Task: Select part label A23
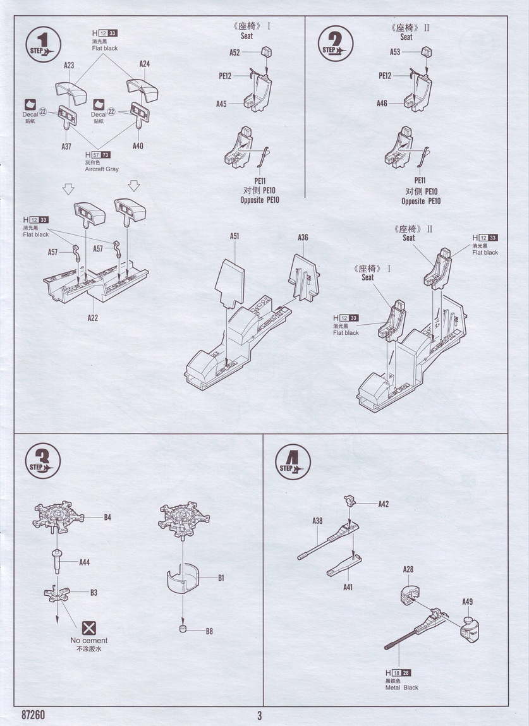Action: coord(69,65)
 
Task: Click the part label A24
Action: coord(144,64)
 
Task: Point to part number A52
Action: coord(234,53)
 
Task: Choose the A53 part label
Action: coord(395,52)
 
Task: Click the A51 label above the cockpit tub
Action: coord(234,236)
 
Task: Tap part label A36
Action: coord(303,238)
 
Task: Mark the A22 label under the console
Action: coord(92,318)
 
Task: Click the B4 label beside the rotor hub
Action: coord(107,517)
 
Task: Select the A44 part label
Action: coord(84,562)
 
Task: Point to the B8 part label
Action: coord(209,631)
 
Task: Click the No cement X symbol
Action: coord(90,628)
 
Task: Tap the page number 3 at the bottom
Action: coord(259,715)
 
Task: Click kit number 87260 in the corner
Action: coord(33,715)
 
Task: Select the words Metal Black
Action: coord(401,687)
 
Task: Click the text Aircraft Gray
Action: coord(102,169)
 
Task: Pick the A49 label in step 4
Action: coord(467,601)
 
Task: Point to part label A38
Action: coord(317,521)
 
